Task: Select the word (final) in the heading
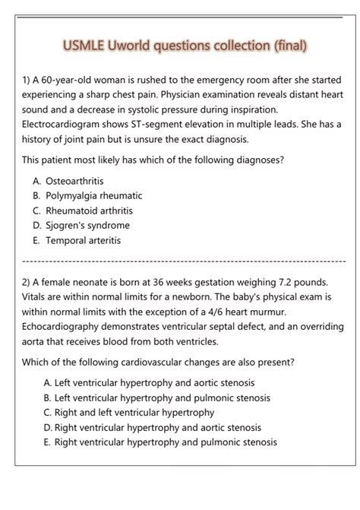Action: (x=288, y=46)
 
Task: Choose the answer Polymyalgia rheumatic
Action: (x=87, y=195)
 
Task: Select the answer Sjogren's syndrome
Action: (x=81, y=225)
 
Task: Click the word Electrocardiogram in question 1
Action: (x=67, y=125)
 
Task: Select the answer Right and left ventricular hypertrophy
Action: (x=129, y=413)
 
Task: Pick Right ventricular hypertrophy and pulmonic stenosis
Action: (x=160, y=442)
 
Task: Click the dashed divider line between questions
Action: (x=180, y=261)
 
